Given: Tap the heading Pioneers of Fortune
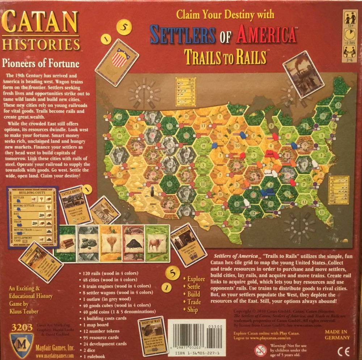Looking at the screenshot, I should (x=41, y=64).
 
